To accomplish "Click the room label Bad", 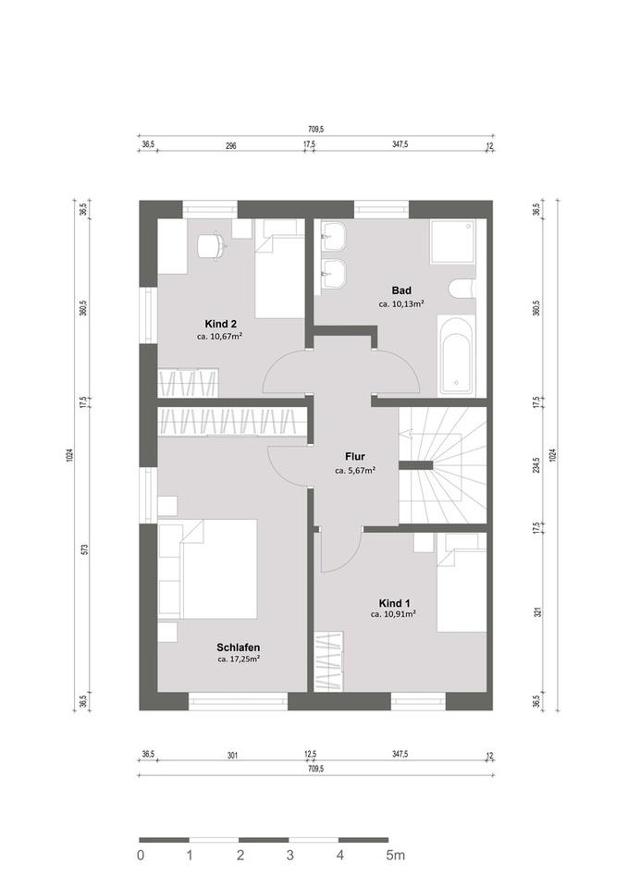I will coord(401,290).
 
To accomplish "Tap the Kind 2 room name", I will coord(221,324).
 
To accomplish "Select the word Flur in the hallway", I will coord(355,456).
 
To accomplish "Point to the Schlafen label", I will coord(238,647).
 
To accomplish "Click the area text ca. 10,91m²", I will coord(393,613).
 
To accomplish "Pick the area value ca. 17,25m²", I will coord(238,660).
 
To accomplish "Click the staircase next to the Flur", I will coord(442,467).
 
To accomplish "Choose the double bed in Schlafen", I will coord(217,568).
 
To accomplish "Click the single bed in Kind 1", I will coord(462,584).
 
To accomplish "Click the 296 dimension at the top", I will coord(231,146).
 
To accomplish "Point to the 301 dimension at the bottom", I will coord(232,756).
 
